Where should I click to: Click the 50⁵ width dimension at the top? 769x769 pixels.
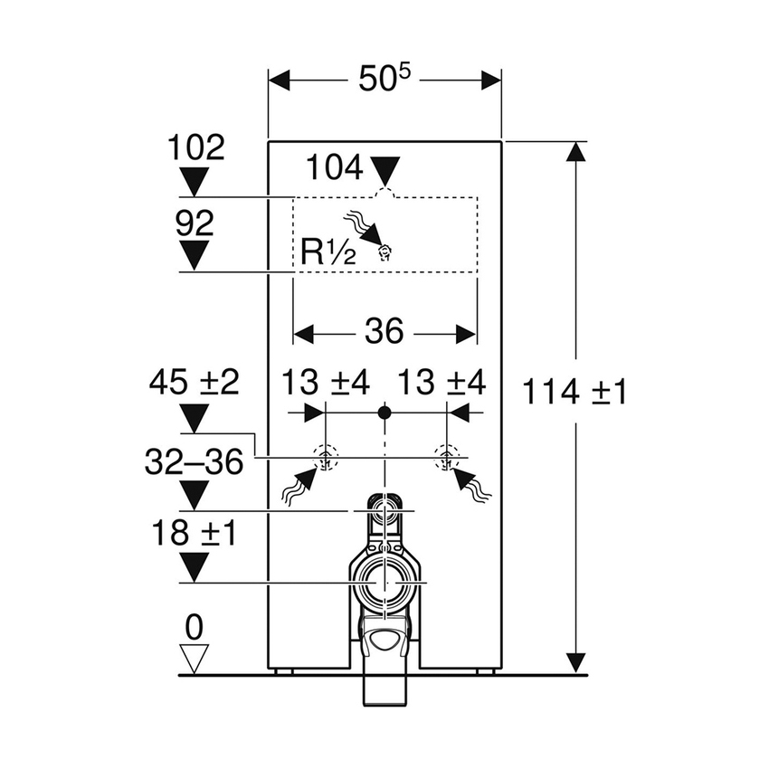(x=384, y=79)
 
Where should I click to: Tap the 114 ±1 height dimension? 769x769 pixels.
(x=574, y=393)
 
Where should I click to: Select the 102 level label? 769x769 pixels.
(x=196, y=147)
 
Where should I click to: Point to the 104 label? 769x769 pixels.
(x=335, y=167)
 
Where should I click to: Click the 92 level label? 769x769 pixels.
(x=195, y=223)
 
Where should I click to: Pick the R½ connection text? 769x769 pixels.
(x=328, y=252)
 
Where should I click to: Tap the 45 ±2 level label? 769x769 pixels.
(x=195, y=383)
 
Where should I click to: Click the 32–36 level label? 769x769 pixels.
(x=195, y=461)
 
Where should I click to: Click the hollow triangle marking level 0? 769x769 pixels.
(x=195, y=659)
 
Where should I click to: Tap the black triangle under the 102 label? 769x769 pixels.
(x=195, y=182)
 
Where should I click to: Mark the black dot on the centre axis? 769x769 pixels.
(x=385, y=413)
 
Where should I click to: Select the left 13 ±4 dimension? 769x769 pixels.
(x=326, y=383)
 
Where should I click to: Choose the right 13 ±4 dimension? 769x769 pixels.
(x=441, y=383)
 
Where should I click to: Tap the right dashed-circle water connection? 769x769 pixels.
(x=446, y=458)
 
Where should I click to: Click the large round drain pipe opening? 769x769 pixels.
(x=385, y=583)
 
